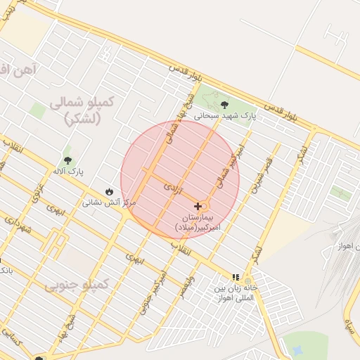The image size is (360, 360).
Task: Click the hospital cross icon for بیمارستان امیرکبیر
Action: [x=198, y=206]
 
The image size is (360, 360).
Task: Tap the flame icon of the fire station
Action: [x=109, y=191]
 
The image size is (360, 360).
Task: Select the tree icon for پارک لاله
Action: [x=67, y=161]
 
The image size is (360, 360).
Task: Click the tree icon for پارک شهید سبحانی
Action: [x=224, y=105]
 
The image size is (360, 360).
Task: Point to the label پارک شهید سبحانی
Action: [x=224, y=115]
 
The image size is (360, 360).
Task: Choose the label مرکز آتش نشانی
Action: [x=109, y=202]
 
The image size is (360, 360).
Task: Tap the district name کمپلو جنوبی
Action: [x=77, y=285]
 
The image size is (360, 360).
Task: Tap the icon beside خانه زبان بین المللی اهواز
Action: [x=236, y=278]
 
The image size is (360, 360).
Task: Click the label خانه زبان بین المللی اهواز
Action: [x=236, y=293]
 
